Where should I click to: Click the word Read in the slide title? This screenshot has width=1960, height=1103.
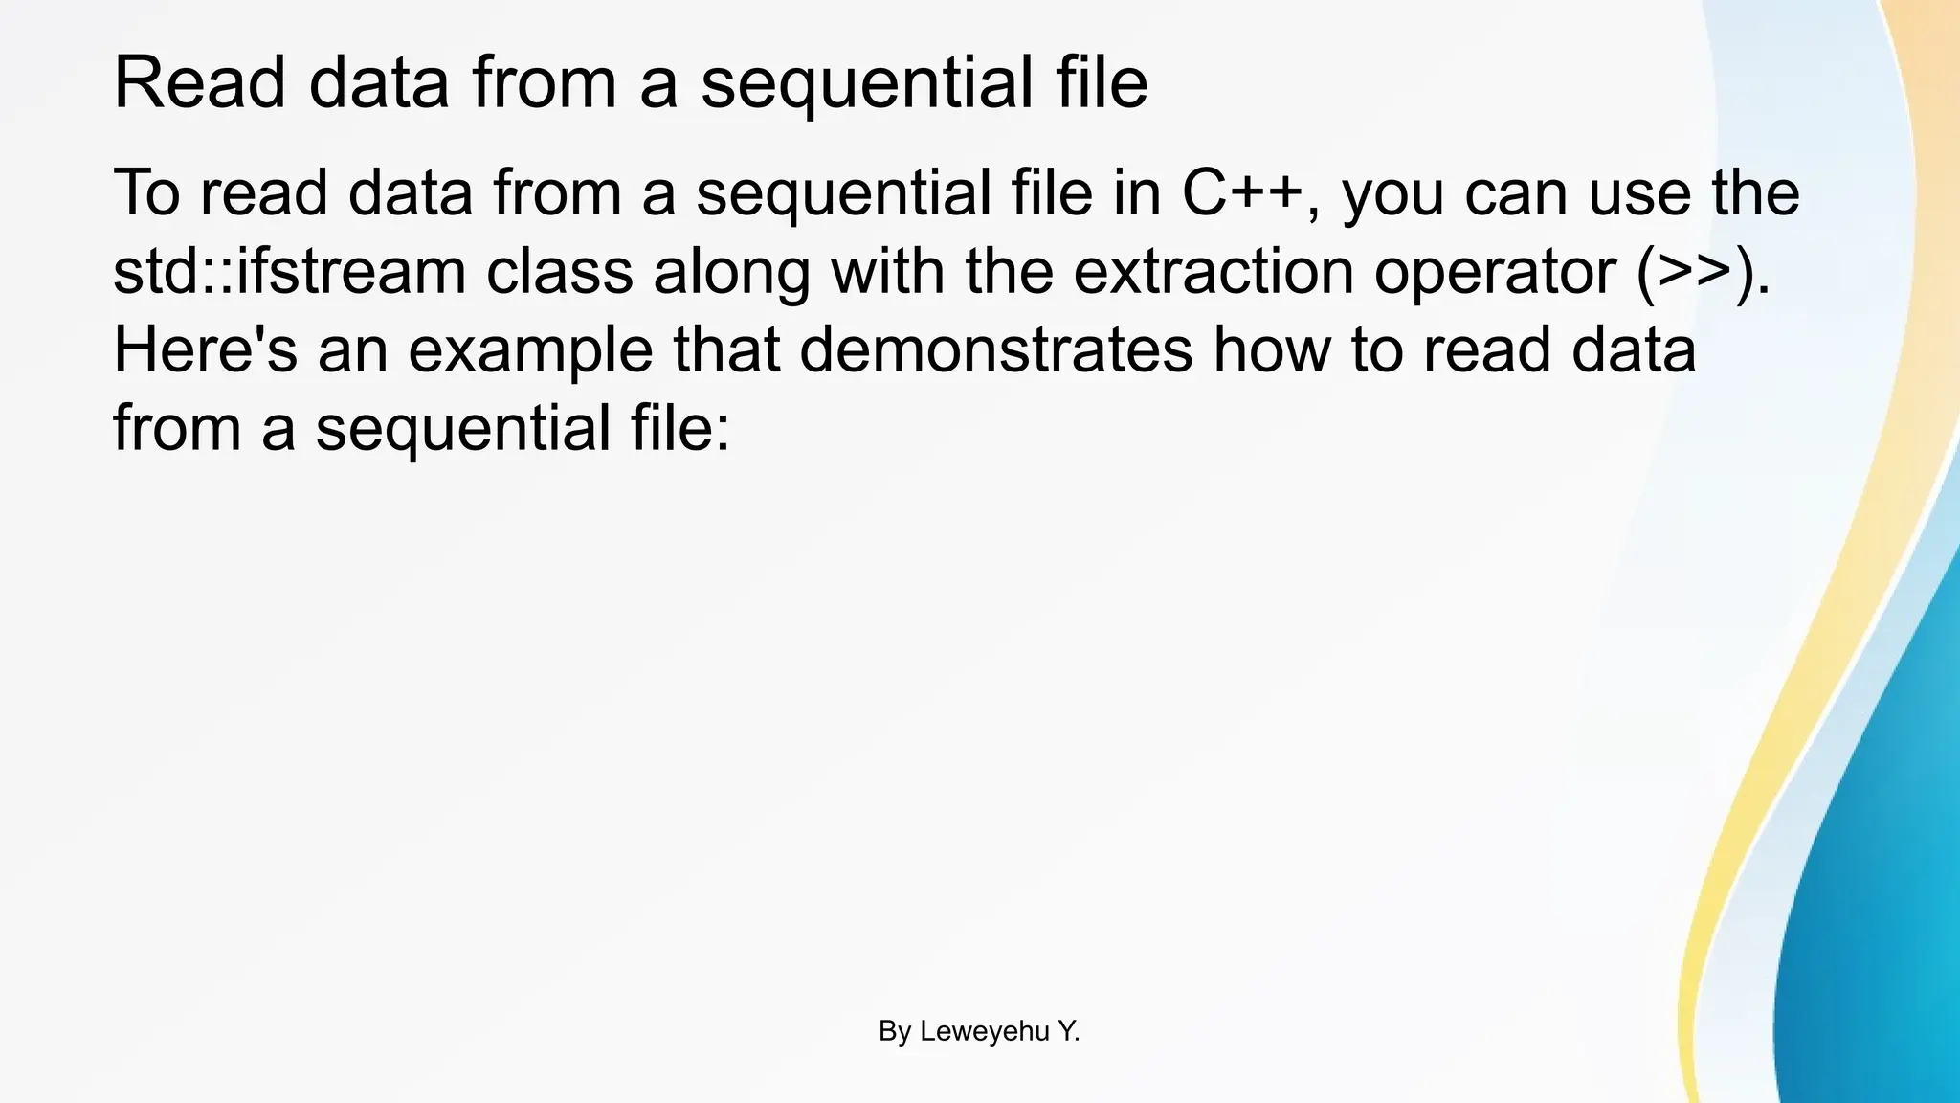[x=199, y=84]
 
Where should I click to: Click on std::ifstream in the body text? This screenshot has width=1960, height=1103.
[x=289, y=271]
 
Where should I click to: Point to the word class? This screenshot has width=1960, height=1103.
[x=559, y=271]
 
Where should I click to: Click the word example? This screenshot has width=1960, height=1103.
[x=530, y=351]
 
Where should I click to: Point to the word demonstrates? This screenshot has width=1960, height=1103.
[x=995, y=349]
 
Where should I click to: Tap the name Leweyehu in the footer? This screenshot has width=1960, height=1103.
[x=984, y=1032]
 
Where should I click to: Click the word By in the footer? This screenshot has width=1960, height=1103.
[x=894, y=1032]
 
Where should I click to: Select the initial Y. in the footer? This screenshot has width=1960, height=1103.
[x=1068, y=1032]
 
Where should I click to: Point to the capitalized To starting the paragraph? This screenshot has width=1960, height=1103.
[x=146, y=192]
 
